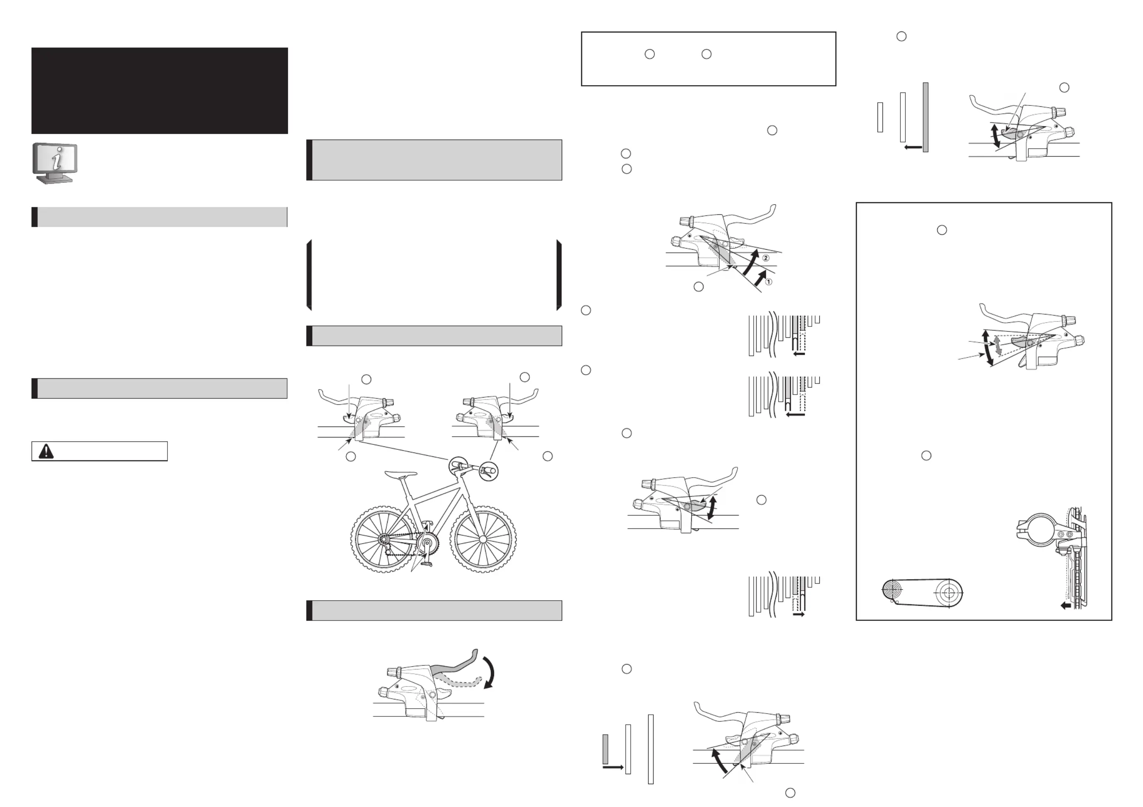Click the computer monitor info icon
pyautogui.click(x=55, y=163)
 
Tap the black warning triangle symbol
pyautogui.click(x=46, y=451)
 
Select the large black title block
pyautogui.click(x=159, y=91)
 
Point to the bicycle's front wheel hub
pyautogui.click(x=482, y=539)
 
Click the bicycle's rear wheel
pyautogui.click(x=384, y=540)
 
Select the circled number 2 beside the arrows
pyautogui.click(x=766, y=258)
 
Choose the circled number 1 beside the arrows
pyautogui.click(x=768, y=282)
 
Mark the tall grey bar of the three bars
pyautogui.click(x=925, y=118)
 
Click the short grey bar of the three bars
pyautogui.click(x=605, y=749)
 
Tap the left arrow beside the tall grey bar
pyautogui.click(x=913, y=147)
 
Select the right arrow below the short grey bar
pyautogui.click(x=613, y=768)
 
